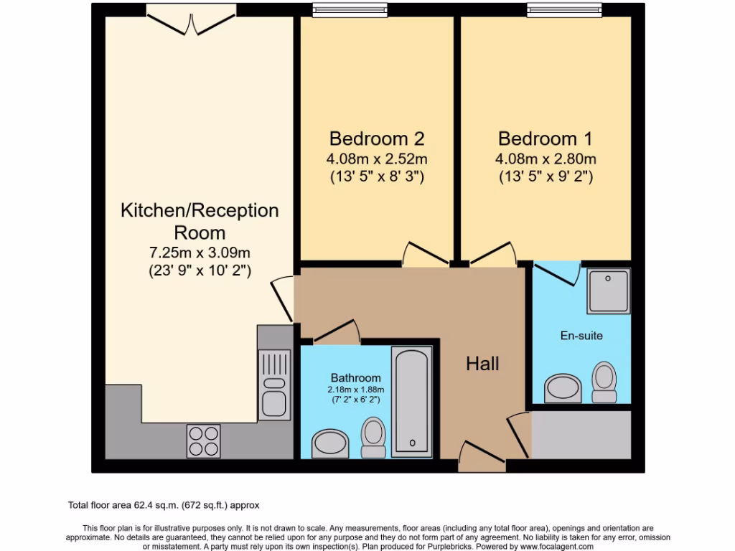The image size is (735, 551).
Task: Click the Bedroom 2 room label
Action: coord(377,138)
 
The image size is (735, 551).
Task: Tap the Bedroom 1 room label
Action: coord(546,138)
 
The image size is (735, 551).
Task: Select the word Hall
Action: coord(482,364)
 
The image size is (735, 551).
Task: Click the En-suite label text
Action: coord(581,335)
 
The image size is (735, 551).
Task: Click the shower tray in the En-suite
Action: coord(609,291)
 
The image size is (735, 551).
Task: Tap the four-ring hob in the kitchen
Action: coord(204,441)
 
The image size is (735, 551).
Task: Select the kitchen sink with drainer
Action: coord(274,383)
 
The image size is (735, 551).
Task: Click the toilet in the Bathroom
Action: coord(373,437)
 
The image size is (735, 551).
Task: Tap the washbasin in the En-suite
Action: coord(563,388)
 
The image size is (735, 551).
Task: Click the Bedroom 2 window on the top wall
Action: coord(350,10)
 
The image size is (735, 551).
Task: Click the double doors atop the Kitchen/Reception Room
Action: coord(191,20)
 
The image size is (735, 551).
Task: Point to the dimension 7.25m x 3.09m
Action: coord(199,253)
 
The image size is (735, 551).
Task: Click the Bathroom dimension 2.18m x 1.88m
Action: coord(356,390)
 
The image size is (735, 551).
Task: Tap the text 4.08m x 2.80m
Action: coord(546,159)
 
